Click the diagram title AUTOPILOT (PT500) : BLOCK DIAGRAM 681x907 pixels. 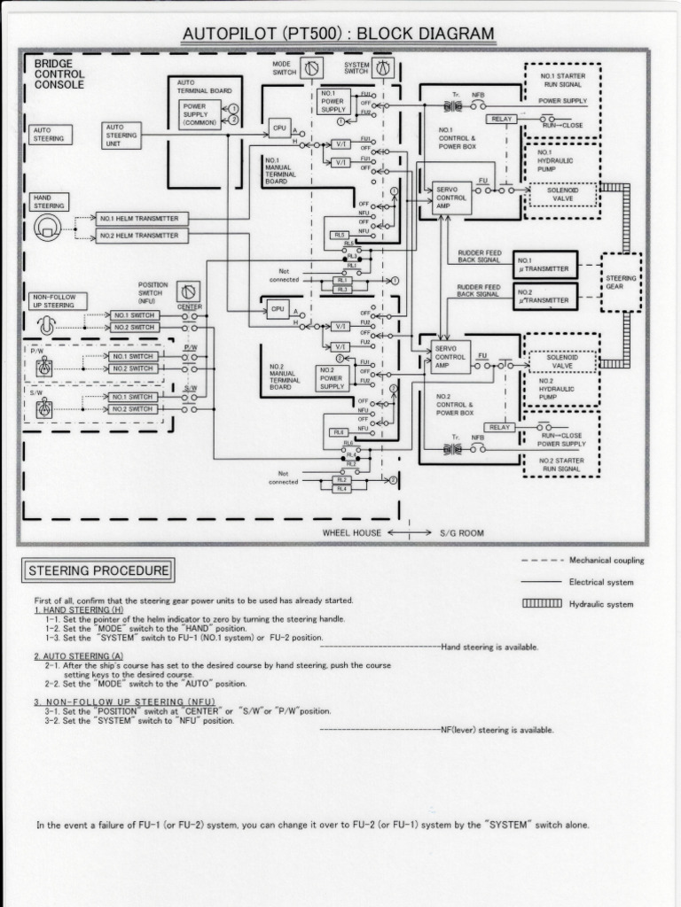coord(338,35)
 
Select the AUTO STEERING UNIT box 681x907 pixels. coord(121,135)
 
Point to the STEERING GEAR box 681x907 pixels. coord(621,283)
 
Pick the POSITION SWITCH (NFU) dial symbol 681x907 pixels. coord(188,291)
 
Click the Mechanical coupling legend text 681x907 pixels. coord(607,561)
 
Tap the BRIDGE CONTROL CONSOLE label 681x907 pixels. coord(59,75)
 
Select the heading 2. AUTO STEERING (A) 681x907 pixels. coord(79,656)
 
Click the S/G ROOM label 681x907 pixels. coord(461,533)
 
